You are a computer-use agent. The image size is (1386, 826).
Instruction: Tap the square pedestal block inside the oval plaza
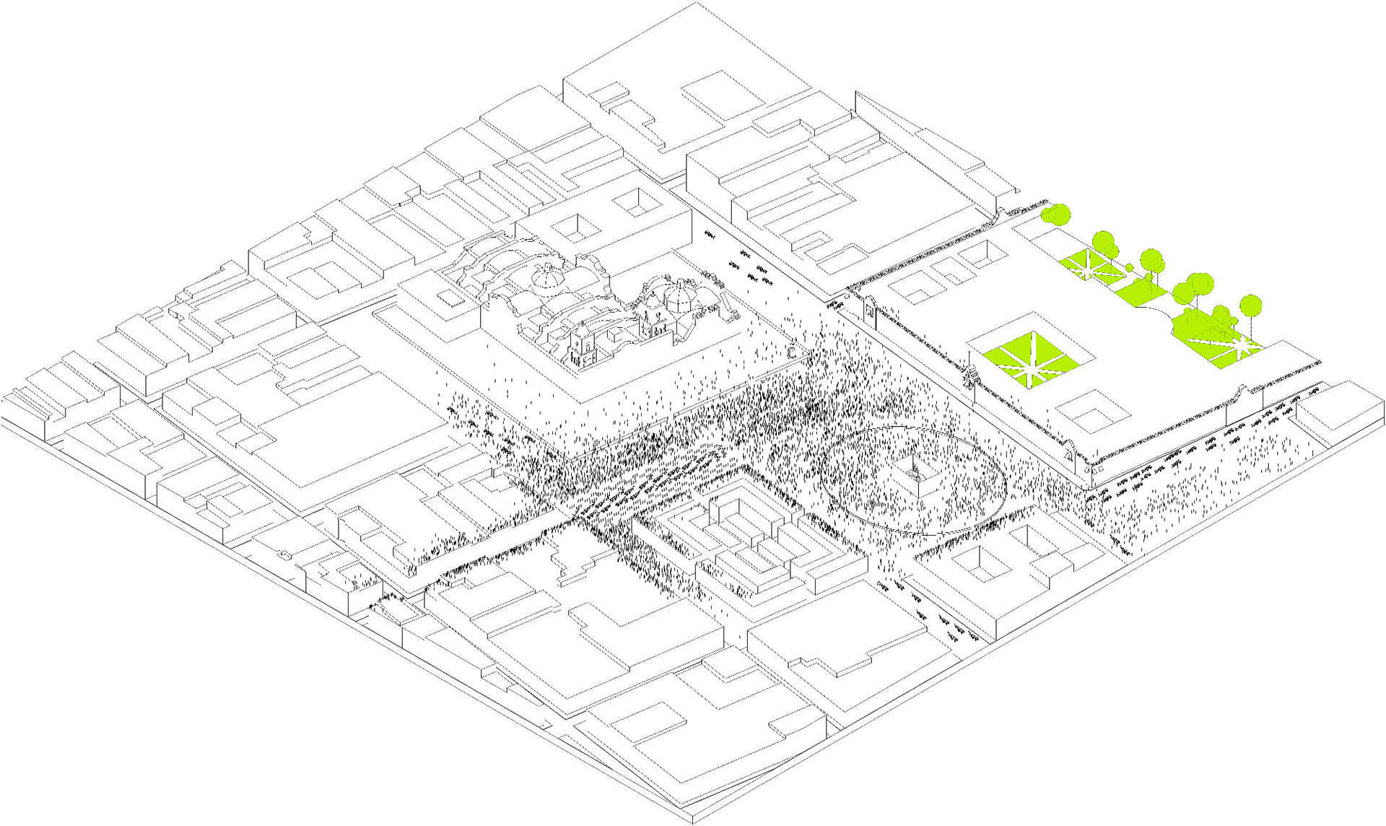[915, 482]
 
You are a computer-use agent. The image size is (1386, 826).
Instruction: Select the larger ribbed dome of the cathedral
[546, 277]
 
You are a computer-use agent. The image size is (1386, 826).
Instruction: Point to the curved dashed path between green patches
[1155, 308]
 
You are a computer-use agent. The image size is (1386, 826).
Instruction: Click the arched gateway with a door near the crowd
[868, 313]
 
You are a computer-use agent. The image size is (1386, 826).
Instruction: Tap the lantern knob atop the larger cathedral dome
[546, 265]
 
